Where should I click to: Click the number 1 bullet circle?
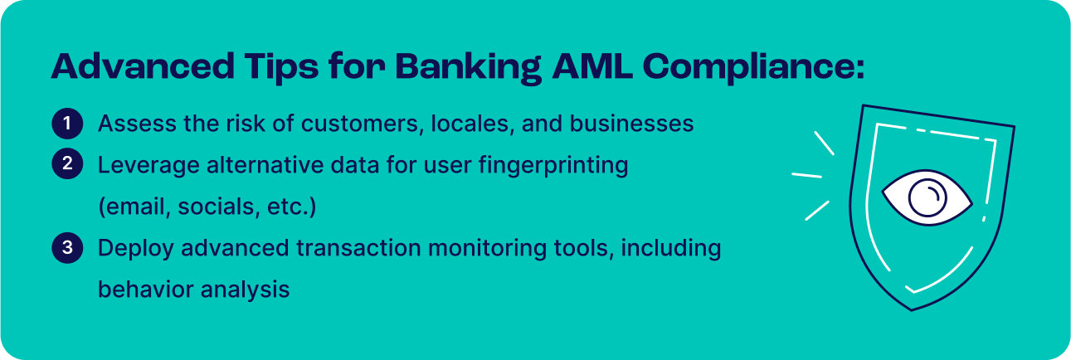[66, 124]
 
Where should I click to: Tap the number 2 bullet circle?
[66, 165]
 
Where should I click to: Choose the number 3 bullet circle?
[66, 248]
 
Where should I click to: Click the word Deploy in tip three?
[130, 249]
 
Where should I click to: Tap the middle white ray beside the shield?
[806, 175]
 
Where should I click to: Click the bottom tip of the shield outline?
[912, 309]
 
